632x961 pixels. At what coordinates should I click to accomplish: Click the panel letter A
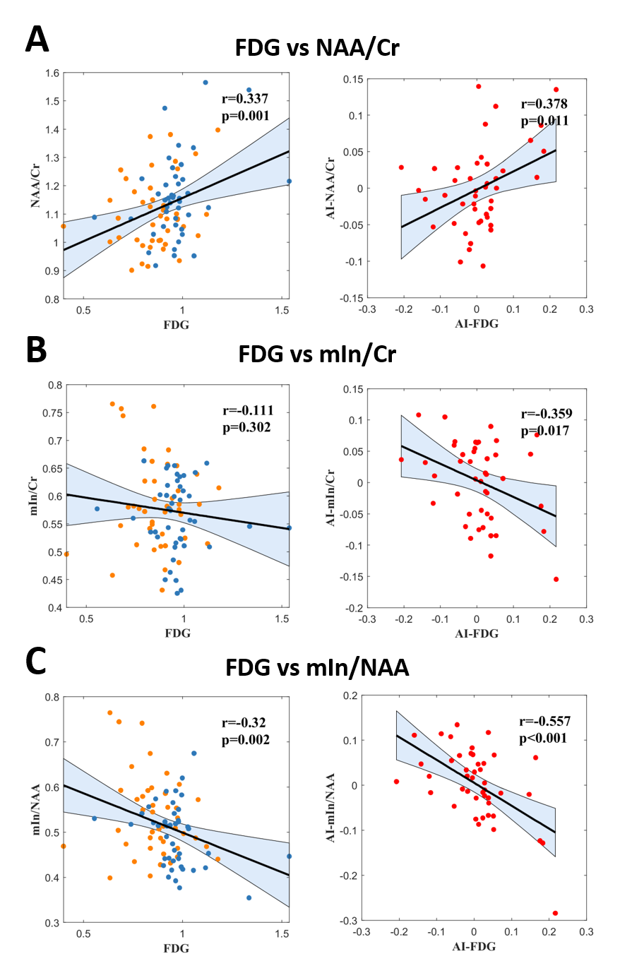tap(37, 40)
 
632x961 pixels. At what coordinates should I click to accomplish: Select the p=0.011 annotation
tap(544, 121)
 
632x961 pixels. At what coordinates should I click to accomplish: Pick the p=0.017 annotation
tap(544, 430)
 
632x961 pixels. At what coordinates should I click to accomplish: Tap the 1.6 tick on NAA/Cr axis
tap(50, 73)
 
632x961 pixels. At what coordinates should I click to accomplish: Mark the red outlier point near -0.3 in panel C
tap(554, 913)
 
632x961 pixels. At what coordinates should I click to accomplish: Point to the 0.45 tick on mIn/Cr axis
tap(47, 580)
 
